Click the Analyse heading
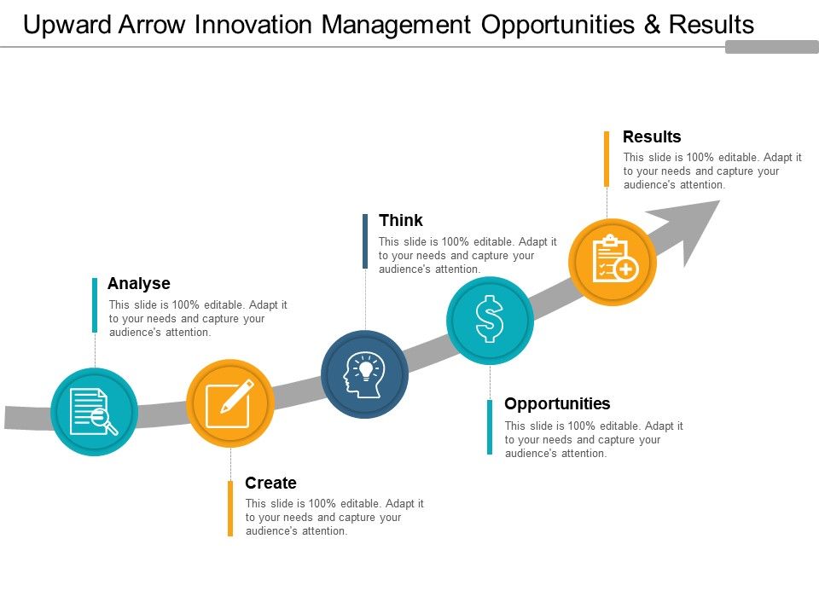[x=139, y=283]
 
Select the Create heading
[x=270, y=483]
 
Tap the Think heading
[x=401, y=220]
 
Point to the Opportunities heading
[x=557, y=404]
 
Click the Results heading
[x=652, y=136]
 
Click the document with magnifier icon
[x=94, y=411]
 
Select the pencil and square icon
[x=229, y=403]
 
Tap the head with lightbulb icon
[x=364, y=375]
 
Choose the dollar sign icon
[x=490, y=319]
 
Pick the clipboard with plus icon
[x=615, y=259]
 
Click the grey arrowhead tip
[x=720, y=200]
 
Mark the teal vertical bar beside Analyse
[x=95, y=305]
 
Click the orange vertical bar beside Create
[x=230, y=508]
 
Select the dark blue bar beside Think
[x=365, y=241]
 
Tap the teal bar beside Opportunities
[x=490, y=427]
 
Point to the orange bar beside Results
[x=607, y=159]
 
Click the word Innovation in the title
[x=254, y=25]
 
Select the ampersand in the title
[x=652, y=25]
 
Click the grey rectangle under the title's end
[x=772, y=47]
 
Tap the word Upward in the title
[x=67, y=25]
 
